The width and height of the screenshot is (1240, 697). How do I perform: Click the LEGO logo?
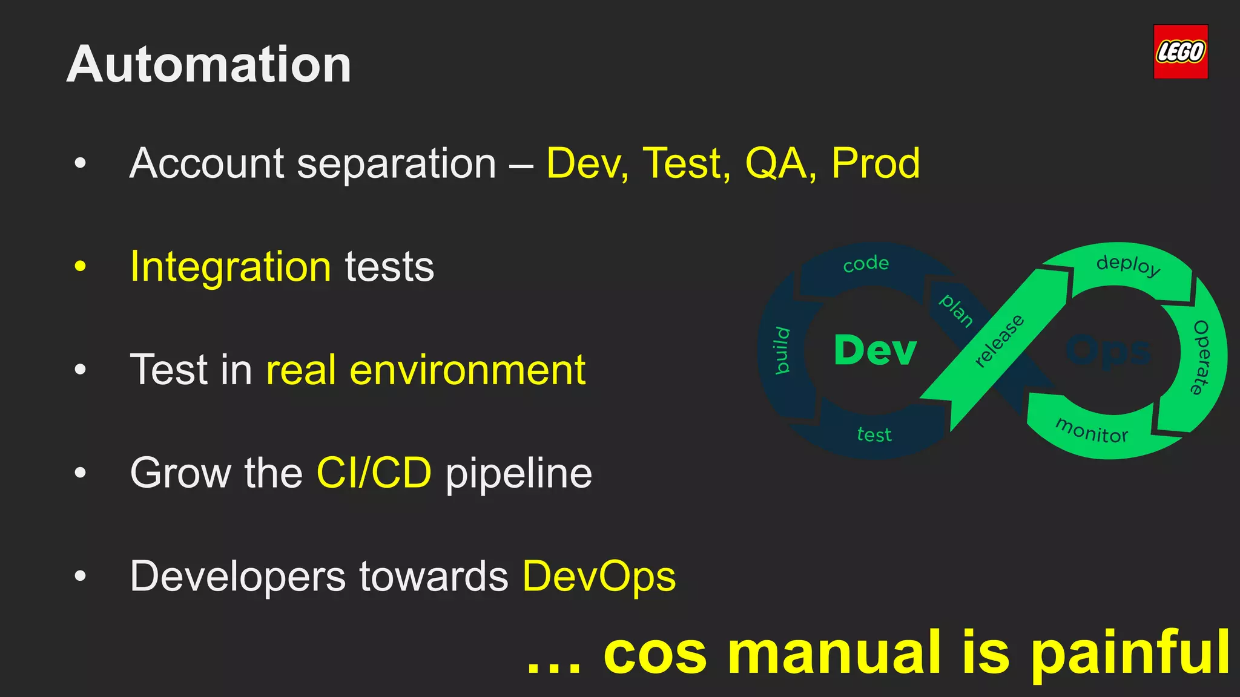point(1180,52)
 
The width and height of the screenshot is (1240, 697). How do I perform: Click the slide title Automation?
point(209,64)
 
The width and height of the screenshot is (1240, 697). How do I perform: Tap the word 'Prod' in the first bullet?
point(875,163)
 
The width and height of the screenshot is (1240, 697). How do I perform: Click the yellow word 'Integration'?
point(231,267)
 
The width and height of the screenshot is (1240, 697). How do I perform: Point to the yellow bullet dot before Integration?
point(80,267)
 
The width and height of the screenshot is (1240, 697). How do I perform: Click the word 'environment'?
point(467,370)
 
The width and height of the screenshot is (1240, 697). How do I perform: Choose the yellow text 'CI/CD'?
point(374,473)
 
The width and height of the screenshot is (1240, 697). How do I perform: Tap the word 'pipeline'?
point(519,474)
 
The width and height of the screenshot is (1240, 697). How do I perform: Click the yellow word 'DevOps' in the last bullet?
point(599,576)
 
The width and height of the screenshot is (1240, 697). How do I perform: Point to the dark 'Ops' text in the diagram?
point(1108,351)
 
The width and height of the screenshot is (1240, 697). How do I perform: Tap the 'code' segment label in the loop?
point(866,264)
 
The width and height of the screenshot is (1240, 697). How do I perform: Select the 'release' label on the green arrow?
point(999,341)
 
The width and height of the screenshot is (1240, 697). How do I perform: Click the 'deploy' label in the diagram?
point(1128,264)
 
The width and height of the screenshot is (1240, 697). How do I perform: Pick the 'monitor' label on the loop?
point(1092,431)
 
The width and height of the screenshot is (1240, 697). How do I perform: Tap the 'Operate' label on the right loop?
point(1201,357)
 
